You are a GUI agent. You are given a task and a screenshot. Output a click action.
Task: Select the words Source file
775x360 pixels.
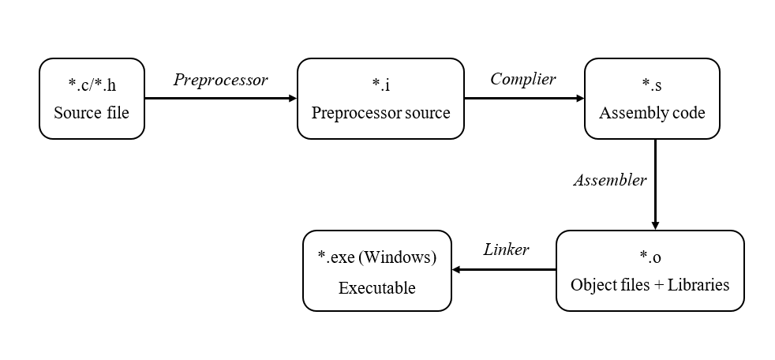coord(92,113)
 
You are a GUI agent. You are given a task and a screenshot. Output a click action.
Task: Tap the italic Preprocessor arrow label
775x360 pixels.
coord(220,80)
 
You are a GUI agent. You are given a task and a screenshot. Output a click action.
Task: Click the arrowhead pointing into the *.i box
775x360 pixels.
coord(292,99)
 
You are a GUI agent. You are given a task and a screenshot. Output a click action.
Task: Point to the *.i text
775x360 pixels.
coord(380,84)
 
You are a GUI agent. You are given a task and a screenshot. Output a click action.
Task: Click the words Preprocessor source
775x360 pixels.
coord(380,113)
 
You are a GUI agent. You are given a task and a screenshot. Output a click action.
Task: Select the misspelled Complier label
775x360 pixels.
coord(522,79)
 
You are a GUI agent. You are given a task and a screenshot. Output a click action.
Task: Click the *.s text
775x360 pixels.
coord(652,84)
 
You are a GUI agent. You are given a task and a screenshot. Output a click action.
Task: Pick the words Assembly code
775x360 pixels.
coord(652,113)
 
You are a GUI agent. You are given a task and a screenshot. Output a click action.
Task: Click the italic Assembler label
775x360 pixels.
coord(609,180)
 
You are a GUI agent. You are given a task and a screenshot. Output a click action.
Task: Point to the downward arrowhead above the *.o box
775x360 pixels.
coord(655,224)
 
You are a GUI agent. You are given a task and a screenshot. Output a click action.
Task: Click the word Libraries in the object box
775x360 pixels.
coord(699,284)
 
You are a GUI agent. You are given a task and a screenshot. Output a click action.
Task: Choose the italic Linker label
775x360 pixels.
coord(506,249)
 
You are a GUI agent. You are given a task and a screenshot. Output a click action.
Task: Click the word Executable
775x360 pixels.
coord(376,287)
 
